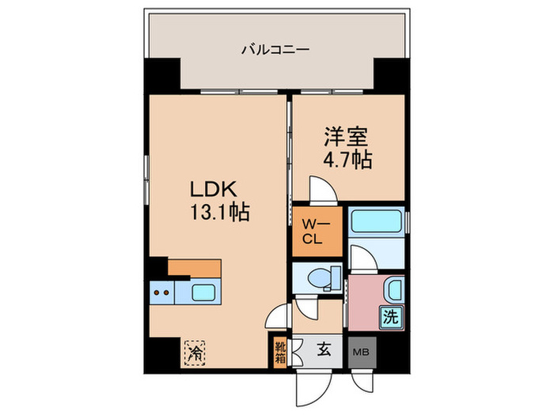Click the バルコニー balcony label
point(275,50)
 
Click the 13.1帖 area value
point(213,212)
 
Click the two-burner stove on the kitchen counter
point(162,292)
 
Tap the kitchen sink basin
point(203,292)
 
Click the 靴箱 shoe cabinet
point(280,349)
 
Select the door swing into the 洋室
point(321,190)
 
